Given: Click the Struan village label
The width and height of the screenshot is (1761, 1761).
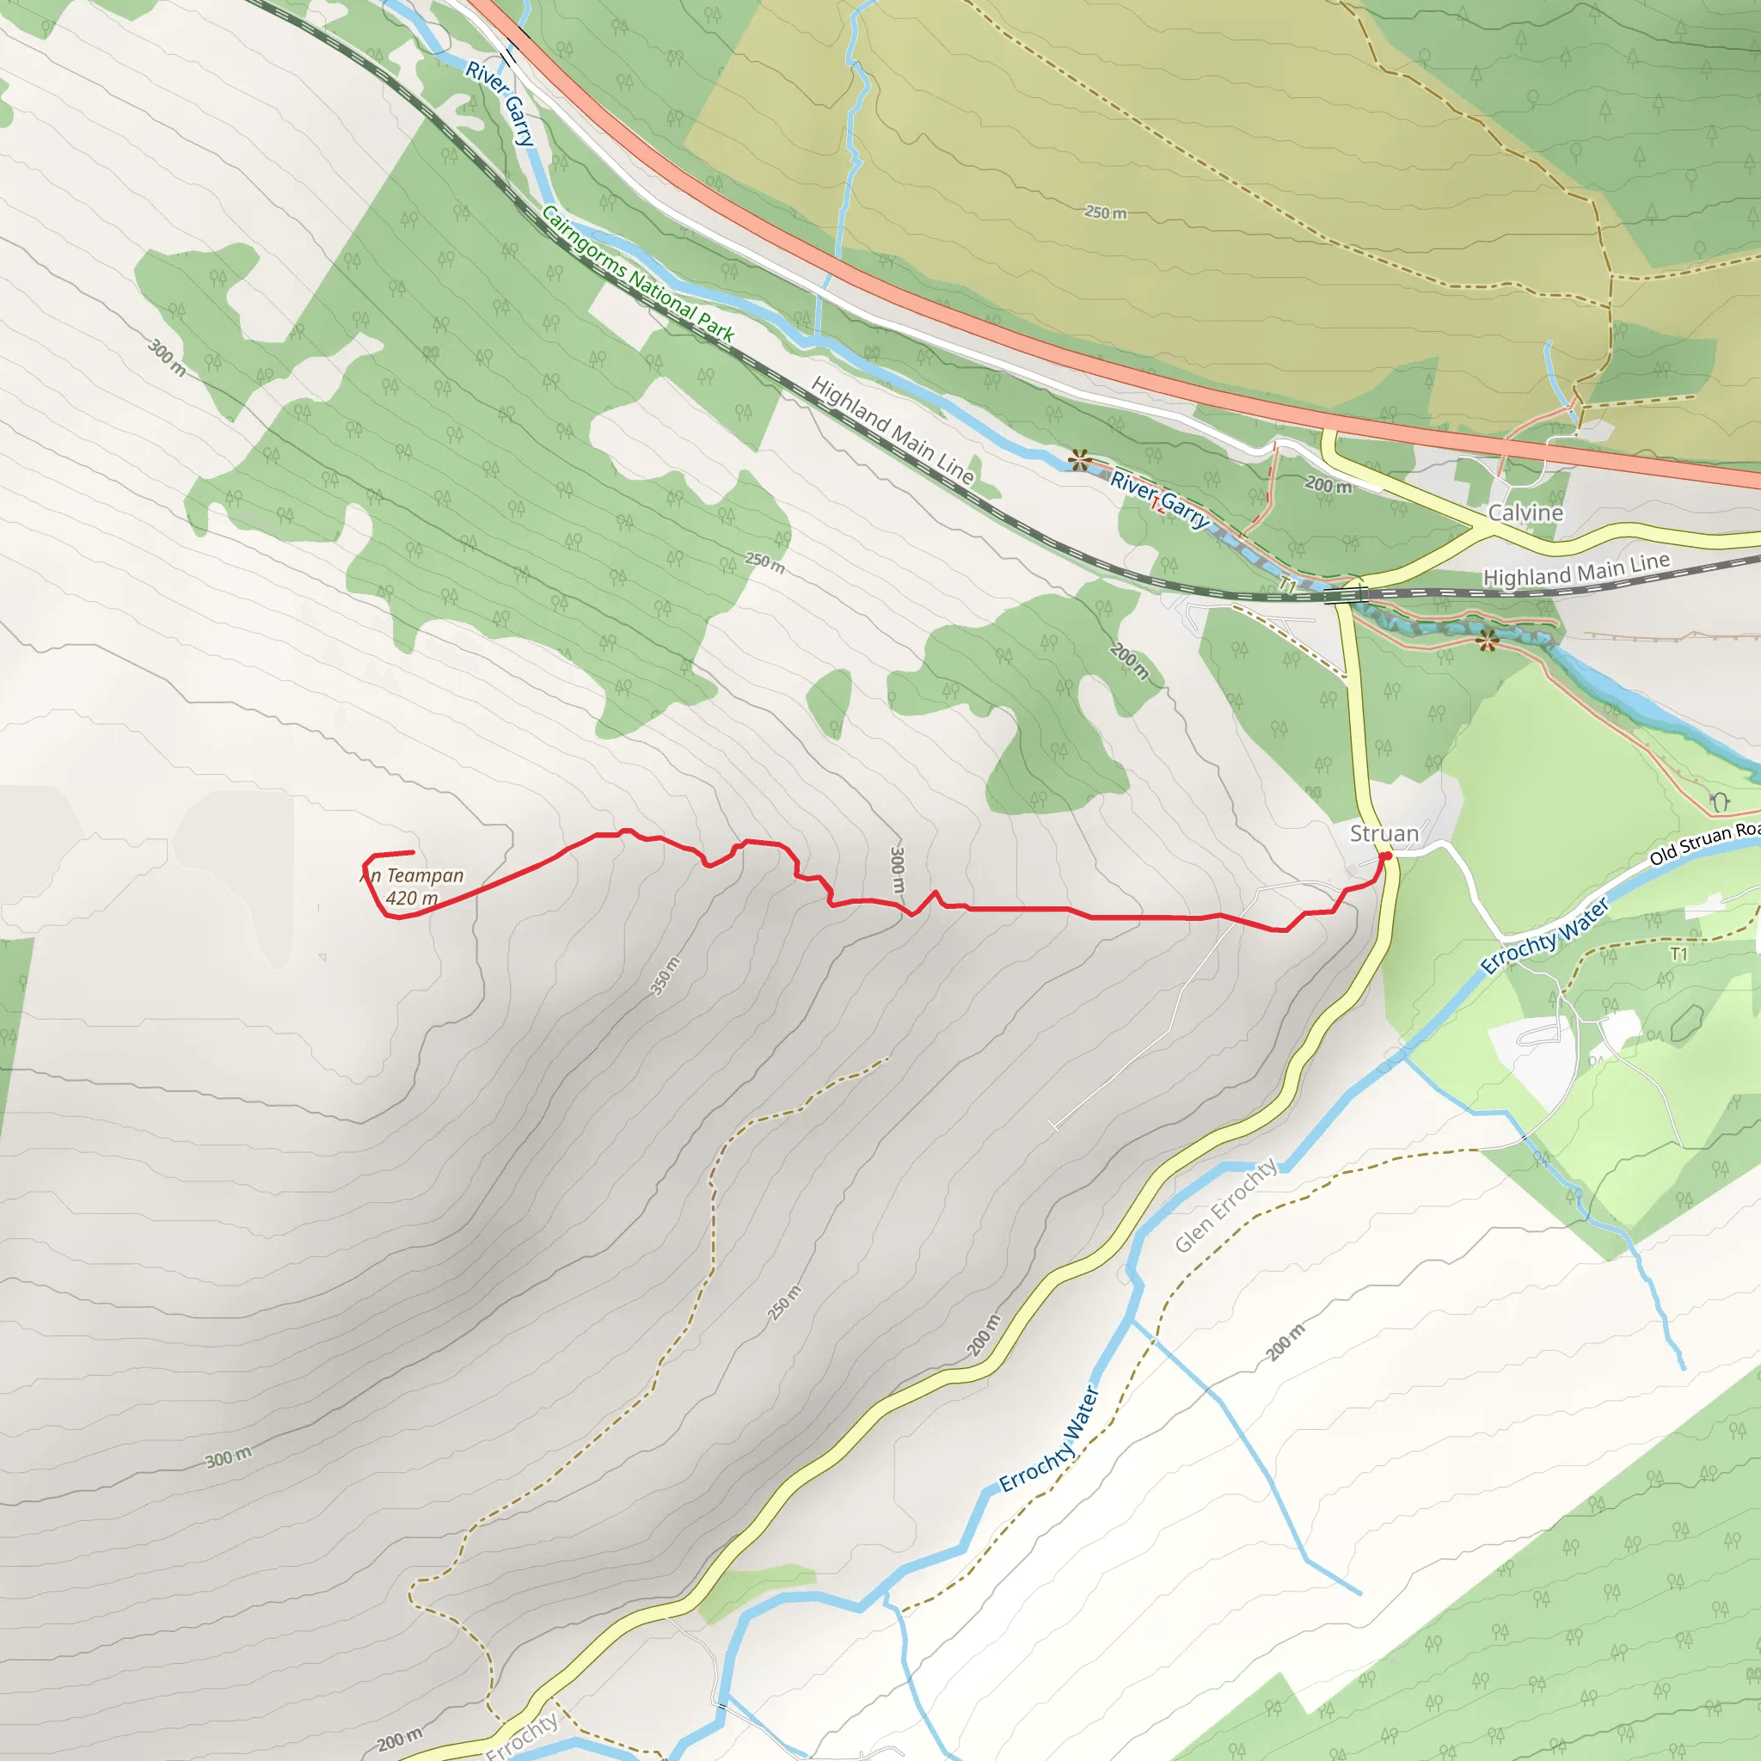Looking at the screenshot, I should tap(1384, 833).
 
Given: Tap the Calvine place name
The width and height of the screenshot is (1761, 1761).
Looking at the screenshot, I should tap(1525, 512).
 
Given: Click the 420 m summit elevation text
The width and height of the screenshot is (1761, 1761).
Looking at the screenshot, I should tap(411, 898).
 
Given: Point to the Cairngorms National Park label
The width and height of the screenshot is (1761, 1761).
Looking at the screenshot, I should tap(637, 273).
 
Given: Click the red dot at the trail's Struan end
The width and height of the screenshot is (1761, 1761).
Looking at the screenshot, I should tap(1385, 856).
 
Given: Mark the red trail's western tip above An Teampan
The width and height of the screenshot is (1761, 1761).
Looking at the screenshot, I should tap(413, 852).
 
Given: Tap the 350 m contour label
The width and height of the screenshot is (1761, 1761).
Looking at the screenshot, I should tap(665, 975).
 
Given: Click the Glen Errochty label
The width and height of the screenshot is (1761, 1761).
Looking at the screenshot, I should tap(1225, 1204).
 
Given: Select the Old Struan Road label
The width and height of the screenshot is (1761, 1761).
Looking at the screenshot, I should tap(1704, 844).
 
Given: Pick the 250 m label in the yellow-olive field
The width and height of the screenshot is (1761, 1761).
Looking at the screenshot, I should tap(1105, 212).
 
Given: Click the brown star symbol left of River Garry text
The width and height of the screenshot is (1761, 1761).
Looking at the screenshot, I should tap(1079, 459).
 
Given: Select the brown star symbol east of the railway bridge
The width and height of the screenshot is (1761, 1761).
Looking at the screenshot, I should tap(1488, 641).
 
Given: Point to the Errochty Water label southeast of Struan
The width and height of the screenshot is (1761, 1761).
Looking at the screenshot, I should tap(1544, 936).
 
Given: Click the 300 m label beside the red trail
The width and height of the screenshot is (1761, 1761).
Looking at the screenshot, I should tap(897, 869).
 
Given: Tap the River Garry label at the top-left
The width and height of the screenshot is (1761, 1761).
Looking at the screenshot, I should tap(500, 103).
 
